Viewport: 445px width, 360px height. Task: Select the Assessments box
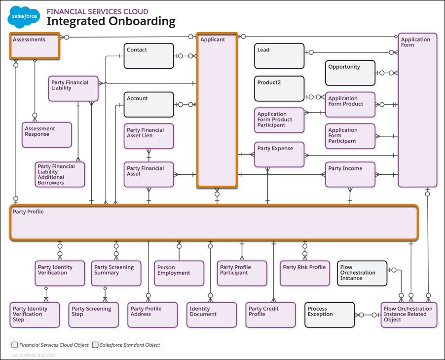[x=35, y=46]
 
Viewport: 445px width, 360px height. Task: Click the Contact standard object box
[x=148, y=56]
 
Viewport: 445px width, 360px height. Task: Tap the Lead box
[x=279, y=56]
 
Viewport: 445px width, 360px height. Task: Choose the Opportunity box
[x=350, y=73]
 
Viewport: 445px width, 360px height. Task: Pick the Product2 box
[x=279, y=88]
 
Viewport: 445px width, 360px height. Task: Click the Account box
[x=148, y=104]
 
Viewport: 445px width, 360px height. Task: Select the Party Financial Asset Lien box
[x=148, y=136]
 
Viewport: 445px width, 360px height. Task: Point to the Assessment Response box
[x=47, y=134]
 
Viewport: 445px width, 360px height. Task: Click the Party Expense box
[x=279, y=154]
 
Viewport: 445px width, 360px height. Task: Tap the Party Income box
[x=350, y=174]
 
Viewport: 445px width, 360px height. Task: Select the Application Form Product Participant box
[x=279, y=120]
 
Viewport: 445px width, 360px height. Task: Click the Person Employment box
[x=179, y=273]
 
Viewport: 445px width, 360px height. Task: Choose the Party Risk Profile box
[x=304, y=273]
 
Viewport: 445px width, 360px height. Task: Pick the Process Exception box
[x=330, y=315]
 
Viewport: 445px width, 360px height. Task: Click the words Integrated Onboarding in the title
[x=111, y=21]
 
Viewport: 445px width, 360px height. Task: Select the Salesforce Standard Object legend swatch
[x=95, y=345]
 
